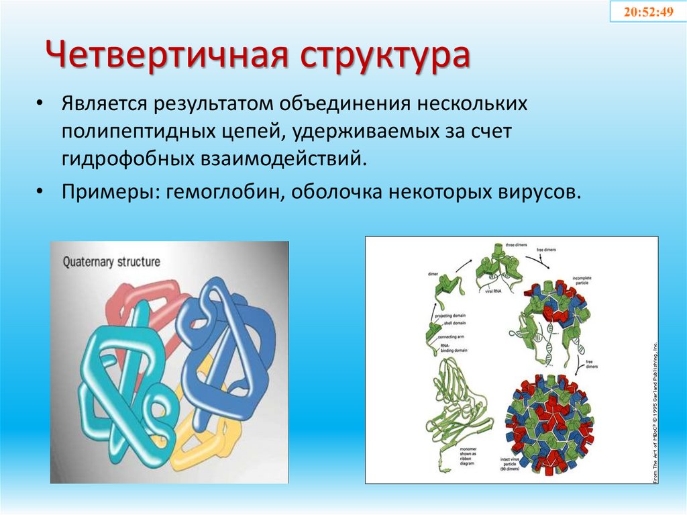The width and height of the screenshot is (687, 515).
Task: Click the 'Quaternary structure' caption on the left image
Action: tap(111, 262)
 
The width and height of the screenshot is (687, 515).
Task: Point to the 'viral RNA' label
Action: tap(494, 291)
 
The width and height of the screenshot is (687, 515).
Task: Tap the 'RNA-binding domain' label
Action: tap(451, 347)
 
